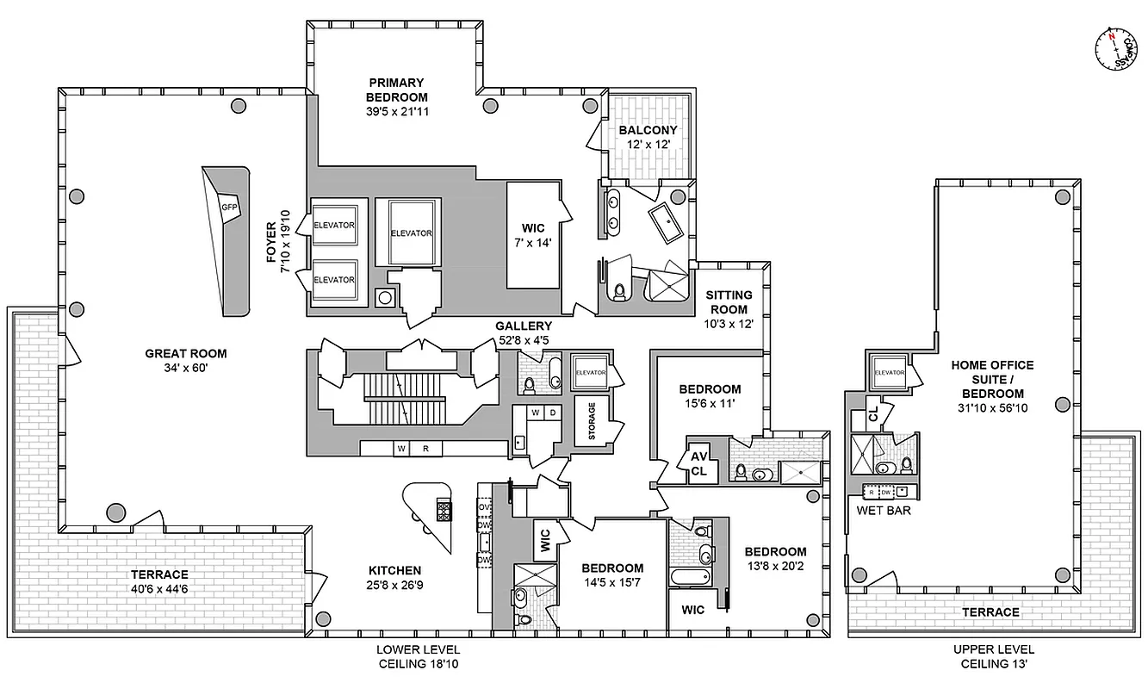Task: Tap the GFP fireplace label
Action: [228, 208]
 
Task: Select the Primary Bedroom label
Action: [396, 90]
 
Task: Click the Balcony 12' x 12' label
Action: [648, 137]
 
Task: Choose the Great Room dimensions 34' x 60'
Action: [186, 368]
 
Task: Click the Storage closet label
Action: [592, 420]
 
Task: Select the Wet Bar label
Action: [883, 510]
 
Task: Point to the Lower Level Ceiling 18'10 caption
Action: [418, 656]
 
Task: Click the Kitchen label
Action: [394, 577]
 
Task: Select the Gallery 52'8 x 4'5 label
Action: [523, 332]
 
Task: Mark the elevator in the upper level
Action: [889, 373]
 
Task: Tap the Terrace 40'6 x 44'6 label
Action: [159, 581]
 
